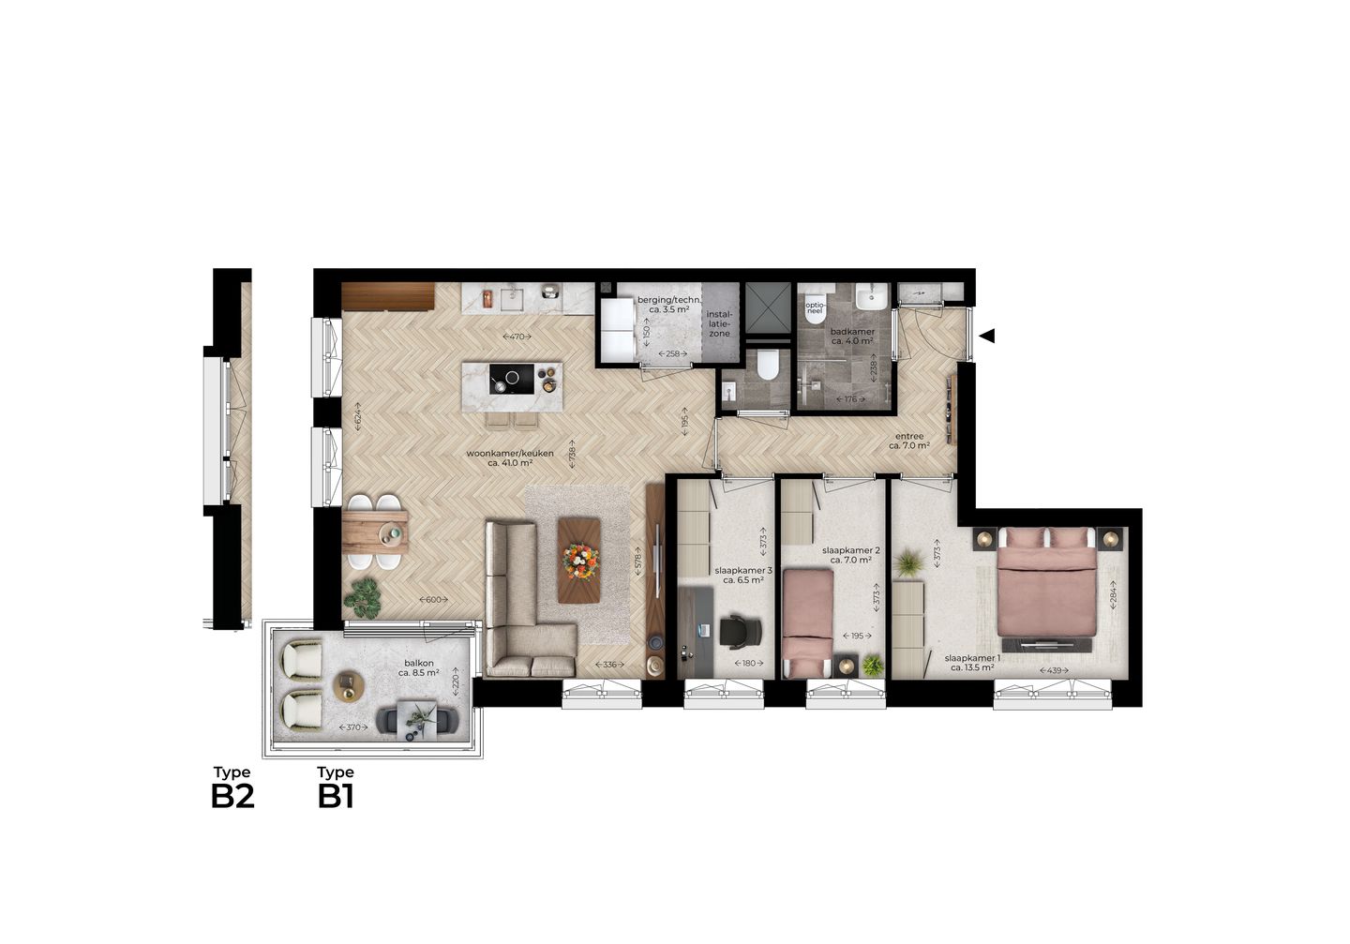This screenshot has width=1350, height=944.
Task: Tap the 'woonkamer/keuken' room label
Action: tap(510, 454)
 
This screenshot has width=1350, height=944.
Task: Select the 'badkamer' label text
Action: tap(852, 332)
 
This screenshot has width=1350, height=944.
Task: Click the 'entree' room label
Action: tap(908, 436)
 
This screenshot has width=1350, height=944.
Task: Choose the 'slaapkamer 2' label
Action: tap(850, 550)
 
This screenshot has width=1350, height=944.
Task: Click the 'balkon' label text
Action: tap(418, 662)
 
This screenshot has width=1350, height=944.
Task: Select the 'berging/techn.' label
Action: tap(668, 300)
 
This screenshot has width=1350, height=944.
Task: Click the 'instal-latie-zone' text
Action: tap(719, 323)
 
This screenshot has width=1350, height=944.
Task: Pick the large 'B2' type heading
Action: tap(232, 796)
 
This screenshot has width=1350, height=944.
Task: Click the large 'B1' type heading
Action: tap(336, 796)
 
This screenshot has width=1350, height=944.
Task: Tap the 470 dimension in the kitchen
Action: tap(517, 336)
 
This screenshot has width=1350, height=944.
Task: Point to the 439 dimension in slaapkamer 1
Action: tap(1055, 671)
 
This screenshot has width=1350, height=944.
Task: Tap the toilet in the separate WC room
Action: tap(768, 364)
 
